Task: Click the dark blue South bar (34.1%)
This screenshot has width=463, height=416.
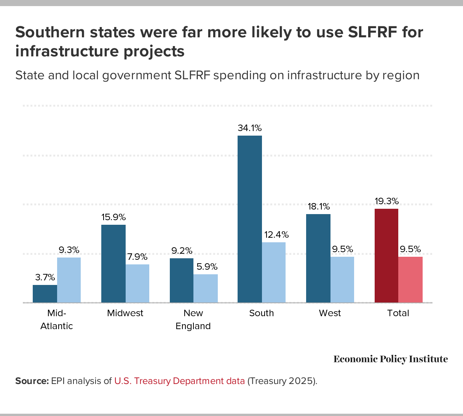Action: [x=250, y=219]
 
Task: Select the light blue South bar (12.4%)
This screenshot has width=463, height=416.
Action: [x=274, y=272]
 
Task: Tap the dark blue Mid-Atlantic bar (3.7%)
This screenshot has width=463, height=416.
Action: [x=45, y=294]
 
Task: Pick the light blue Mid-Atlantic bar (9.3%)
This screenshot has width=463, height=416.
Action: [x=69, y=280]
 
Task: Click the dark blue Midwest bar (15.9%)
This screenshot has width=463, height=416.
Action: [x=113, y=264]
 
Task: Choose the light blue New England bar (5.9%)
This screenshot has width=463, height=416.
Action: [x=206, y=288]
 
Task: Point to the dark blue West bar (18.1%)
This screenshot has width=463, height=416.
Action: [x=318, y=258]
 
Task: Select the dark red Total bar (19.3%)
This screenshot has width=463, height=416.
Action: [x=386, y=256]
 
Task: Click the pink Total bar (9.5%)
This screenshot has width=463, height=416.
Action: [x=410, y=280]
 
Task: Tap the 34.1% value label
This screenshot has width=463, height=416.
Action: [x=250, y=128]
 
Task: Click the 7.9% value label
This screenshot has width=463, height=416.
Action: [x=137, y=256]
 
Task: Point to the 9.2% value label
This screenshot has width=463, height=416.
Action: [x=182, y=251]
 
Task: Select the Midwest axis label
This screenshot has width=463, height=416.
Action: [x=125, y=313]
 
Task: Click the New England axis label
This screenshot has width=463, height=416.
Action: [x=193, y=320]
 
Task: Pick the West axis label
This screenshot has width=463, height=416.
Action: [x=330, y=313]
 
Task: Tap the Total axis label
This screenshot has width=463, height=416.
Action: [x=398, y=313]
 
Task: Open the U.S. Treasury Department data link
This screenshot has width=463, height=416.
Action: [x=179, y=381]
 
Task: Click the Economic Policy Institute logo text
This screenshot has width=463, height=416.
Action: [x=391, y=359]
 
